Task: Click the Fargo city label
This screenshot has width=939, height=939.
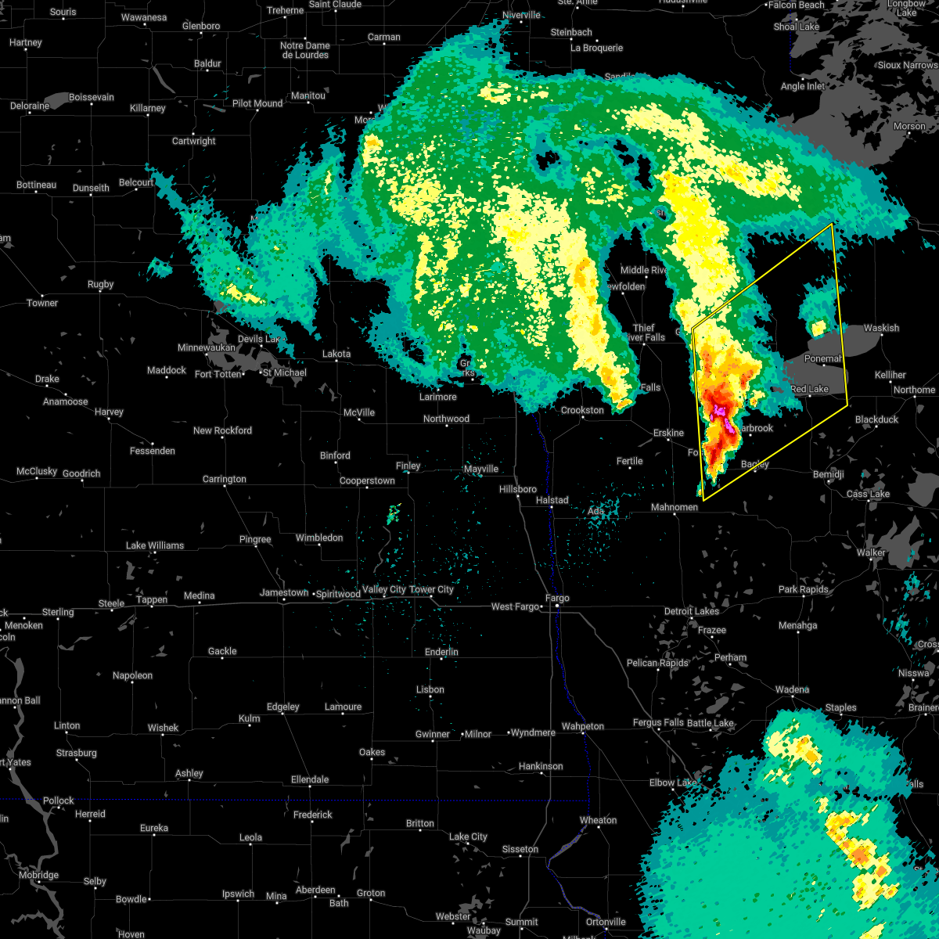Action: pos(557,599)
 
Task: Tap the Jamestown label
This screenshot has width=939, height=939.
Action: pos(284,593)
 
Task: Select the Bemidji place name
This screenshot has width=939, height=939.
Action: pos(828,475)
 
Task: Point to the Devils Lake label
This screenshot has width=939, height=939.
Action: pos(259,339)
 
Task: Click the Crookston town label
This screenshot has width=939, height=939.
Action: pos(582,410)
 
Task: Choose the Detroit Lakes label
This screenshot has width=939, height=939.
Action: pos(691,611)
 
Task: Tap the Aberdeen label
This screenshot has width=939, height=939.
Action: pos(315,890)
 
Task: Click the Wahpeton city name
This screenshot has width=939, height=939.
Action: pos(582,726)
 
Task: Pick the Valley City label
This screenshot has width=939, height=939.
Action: pos(383,589)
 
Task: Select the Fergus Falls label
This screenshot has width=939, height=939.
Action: pos(658,723)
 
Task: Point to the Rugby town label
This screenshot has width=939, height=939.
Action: pos(101,285)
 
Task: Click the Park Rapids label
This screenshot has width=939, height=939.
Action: pos(803,589)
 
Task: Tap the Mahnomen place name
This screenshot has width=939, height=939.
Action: pos(674,508)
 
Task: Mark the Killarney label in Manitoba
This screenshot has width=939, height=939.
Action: pos(148,108)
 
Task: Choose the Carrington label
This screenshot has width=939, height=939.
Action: pos(224,479)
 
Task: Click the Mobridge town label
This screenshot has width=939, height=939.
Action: pos(38,875)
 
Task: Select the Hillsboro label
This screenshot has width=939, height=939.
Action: pos(518,489)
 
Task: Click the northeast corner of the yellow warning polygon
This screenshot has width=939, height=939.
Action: pos(831,225)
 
